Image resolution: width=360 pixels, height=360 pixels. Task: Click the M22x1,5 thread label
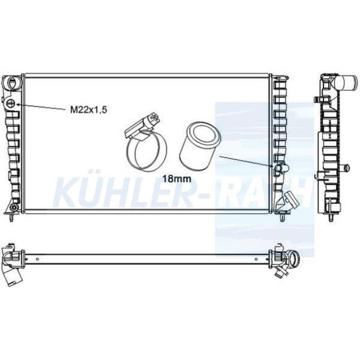89,110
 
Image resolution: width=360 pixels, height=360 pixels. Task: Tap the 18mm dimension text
177,178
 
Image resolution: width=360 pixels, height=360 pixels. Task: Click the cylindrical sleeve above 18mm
200,146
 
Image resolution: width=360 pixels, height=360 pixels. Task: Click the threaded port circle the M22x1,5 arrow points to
11,104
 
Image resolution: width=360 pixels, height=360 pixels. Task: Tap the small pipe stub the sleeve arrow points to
281,168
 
